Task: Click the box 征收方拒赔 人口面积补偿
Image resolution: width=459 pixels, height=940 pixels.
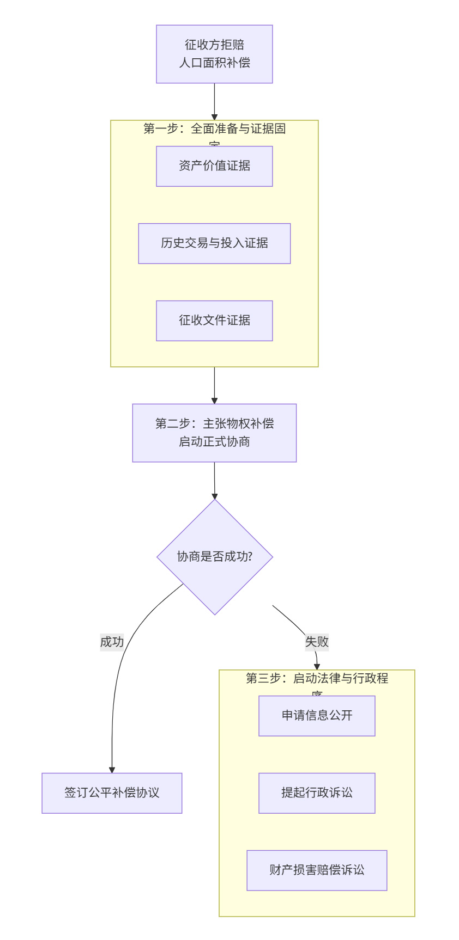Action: tap(214, 54)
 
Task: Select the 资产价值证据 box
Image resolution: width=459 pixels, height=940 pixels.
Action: tap(214, 166)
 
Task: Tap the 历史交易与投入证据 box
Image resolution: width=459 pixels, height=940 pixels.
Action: tap(214, 243)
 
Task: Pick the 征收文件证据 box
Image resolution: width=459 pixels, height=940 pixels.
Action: tap(214, 321)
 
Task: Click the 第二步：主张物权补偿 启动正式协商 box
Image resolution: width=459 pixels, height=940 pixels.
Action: tap(214, 433)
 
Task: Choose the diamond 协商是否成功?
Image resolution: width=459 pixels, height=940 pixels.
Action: tap(214, 557)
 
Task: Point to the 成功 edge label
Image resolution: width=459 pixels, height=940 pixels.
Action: tap(112, 642)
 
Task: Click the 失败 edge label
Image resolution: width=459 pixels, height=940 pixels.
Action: tap(317, 642)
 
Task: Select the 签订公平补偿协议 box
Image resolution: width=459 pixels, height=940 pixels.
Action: tap(112, 793)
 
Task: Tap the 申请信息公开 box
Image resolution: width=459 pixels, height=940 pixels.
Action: tap(317, 716)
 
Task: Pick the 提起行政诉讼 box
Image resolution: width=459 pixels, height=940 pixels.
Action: tap(317, 793)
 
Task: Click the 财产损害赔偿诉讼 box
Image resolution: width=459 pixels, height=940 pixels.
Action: tap(317, 870)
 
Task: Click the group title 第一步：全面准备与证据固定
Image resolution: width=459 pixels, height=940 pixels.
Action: tap(214, 129)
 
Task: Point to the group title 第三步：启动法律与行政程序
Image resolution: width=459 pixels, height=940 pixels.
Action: tap(317, 679)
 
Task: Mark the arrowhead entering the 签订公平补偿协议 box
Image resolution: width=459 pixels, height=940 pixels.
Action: tap(112, 770)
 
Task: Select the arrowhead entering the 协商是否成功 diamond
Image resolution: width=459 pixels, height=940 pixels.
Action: tap(215, 496)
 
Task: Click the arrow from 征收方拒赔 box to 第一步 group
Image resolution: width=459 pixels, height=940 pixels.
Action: tap(214, 101)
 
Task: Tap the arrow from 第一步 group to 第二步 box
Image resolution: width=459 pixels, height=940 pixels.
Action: tap(214, 384)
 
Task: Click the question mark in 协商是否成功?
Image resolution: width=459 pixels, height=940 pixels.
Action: tap(250, 557)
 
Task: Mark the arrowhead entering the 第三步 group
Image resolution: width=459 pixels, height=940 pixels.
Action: tap(317, 666)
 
